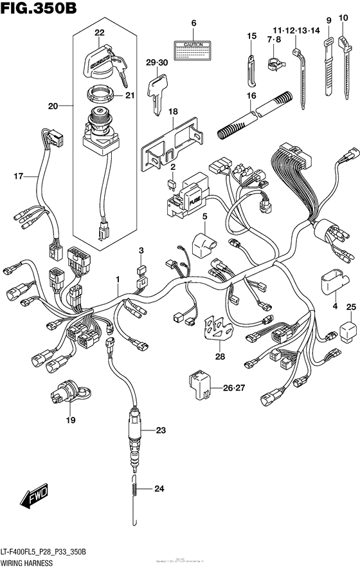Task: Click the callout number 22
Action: [98, 33]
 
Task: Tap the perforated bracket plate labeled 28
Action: [217, 327]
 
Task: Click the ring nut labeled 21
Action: [100, 97]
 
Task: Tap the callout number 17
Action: [19, 175]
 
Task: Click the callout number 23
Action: [160, 430]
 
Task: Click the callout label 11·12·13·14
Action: [295, 30]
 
